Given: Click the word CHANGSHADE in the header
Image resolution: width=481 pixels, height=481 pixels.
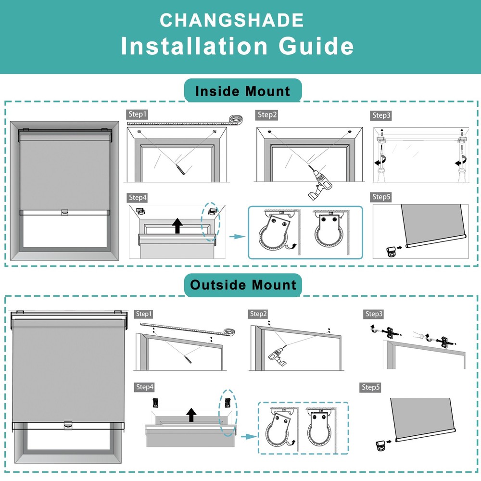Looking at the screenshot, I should [x=232, y=20].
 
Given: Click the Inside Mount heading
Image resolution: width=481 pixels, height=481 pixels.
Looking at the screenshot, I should [x=242, y=91].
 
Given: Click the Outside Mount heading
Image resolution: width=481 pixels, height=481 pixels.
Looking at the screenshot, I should [x=243, y=284].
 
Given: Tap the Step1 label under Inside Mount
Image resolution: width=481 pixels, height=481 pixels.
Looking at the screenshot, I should [x=137, y=114].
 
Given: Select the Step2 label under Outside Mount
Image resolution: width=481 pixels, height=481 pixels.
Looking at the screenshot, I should [x=258, y=314].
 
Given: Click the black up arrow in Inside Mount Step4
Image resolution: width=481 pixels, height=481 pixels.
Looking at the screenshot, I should [x=177, y=226].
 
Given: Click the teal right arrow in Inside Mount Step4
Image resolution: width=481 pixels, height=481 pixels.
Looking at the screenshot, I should [x=234, y=237].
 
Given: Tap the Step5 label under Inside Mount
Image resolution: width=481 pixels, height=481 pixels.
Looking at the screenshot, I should [x=381, y=197].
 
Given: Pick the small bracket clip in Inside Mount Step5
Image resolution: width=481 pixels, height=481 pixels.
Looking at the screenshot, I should [x=392, y=250].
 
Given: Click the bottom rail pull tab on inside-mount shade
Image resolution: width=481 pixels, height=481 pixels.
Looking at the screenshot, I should [x=64, y=212].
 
